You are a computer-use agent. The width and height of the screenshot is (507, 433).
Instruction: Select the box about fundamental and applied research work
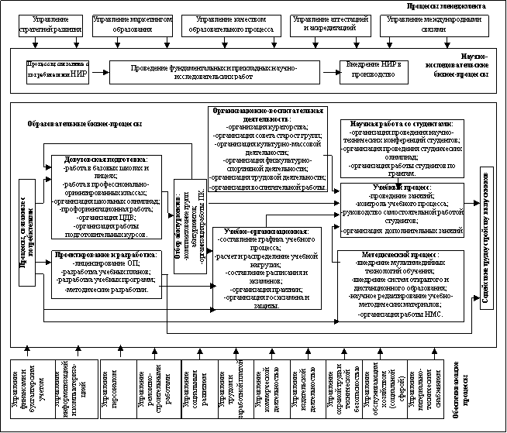tap(208, 70)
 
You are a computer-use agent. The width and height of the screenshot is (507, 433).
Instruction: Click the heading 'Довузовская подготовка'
tap(104, 160)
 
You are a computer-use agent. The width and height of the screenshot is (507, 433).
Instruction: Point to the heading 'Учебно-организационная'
tap(266, 232)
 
